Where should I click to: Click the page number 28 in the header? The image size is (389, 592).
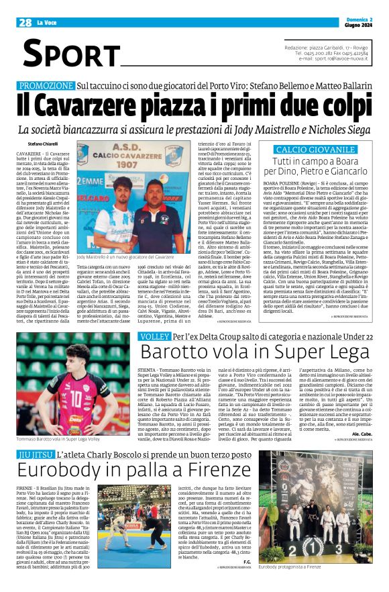click(x=25, y=23)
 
